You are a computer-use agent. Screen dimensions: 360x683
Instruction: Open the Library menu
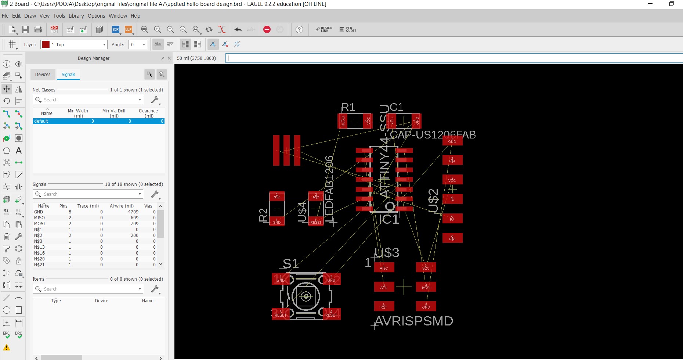[76, 16]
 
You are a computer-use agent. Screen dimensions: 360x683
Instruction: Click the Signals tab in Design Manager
[68, 75]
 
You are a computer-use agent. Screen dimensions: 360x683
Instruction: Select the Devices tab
[43, 75]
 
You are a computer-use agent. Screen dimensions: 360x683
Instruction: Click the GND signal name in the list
[39, 212]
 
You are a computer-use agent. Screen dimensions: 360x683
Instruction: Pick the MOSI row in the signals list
[40, 224]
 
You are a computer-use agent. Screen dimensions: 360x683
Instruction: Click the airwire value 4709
[133, 212]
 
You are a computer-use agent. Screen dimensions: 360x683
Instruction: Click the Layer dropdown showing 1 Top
[74, 44]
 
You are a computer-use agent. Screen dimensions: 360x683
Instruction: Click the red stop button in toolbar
[267, 29]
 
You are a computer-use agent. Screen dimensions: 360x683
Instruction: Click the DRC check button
[18, 335]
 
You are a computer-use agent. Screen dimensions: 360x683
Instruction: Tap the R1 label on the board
[348, 107]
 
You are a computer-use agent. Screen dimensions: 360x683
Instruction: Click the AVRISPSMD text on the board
[413, 321]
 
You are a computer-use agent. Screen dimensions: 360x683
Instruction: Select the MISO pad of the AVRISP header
[384, 267]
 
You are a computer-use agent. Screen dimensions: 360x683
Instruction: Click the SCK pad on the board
[384, 287]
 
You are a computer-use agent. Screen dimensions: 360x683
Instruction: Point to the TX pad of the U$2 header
[452, 199]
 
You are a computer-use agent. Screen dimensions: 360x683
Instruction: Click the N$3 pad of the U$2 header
[452, 238]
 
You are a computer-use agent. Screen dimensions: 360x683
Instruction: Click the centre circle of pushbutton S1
[306, 296]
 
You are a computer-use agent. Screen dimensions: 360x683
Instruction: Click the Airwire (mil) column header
[122, 206]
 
